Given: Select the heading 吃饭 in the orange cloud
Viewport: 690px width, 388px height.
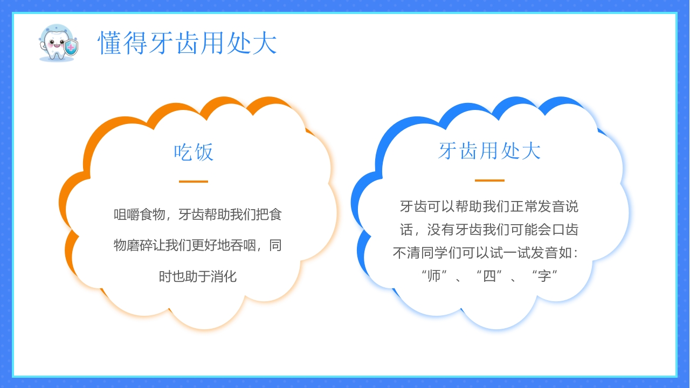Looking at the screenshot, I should coord(194,153).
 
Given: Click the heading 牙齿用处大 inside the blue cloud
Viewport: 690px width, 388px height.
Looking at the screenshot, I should coord(489,151).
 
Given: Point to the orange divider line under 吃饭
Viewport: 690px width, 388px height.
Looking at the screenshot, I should coord(194,182).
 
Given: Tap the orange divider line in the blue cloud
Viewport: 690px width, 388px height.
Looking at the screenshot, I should coord(489,181).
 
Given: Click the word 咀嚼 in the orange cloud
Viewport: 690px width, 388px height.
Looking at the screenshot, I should coord(127,214).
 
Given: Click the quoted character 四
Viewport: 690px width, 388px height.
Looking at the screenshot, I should coord(489,276).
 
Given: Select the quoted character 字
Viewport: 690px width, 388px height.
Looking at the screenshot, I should coord(544,276).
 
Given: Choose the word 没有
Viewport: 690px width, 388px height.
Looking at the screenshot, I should coord(441,230).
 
